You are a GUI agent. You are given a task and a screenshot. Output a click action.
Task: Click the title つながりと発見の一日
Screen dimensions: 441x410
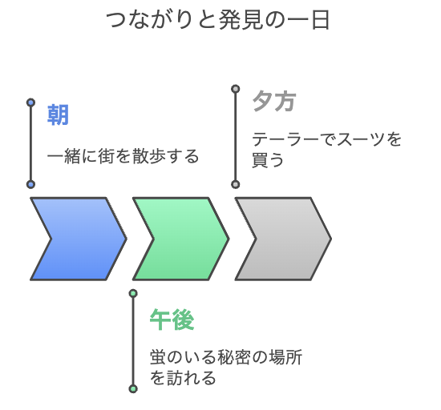tap(217, 20)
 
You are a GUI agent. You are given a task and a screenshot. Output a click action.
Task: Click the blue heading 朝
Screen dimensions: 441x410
tap(58, 115)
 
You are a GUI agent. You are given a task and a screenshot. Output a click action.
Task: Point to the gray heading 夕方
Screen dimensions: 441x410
tap(274, 101)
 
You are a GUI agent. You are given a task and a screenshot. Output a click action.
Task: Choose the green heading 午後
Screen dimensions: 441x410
tap(172, 320)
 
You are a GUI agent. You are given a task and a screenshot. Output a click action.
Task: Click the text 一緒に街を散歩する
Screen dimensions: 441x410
tap(123, 156)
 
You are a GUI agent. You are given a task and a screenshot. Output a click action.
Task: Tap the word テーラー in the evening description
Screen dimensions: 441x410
tap(285, 139)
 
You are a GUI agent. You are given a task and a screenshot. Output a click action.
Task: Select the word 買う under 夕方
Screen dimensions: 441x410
tap(268, 160)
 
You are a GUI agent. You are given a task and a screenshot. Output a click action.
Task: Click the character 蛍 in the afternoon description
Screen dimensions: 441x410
tap(158, 357)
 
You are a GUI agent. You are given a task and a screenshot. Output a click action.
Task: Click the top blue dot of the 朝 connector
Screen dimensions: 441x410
tap(31, 102)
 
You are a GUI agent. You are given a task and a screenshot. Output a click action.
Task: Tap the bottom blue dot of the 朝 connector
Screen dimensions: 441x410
tap(31, 184)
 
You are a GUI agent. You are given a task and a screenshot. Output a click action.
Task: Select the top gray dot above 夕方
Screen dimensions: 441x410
tap(236, 89)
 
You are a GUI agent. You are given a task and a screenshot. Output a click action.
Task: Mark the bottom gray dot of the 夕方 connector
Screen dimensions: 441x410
tap(236, 184)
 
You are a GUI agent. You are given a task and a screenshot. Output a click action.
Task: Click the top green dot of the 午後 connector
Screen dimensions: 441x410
tap(133, 293)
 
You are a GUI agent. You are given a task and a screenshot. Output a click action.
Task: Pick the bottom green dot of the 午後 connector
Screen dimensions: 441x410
tap(133, 389)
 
